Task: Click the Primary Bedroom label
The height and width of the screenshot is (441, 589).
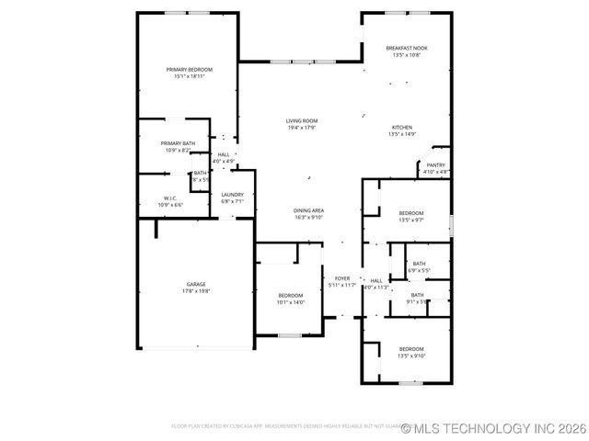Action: pyautogui.click(x=189, y=70)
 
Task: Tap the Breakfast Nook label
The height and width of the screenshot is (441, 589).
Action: pyautogui.click(x=407, y=48)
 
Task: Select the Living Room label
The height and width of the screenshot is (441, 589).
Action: pyautogui.click(x=301, y=120)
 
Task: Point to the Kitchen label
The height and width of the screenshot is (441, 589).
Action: pyautogui.click(x=402, y=127)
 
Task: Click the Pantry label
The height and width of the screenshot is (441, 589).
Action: pyautogui.click(x=435, y=165)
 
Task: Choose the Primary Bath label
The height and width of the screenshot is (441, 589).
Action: pyautogui.click(x=178, y=143)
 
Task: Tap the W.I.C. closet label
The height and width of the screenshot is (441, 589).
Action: pyautogui.click(x=170, y=198)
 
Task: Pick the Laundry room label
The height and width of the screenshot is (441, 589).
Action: pyautogui.click(x=232, y=195)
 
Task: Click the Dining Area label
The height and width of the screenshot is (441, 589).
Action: pyautogui.click(x=309, y=210)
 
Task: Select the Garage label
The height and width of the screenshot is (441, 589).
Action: pyautogui.click(x=197, y=285)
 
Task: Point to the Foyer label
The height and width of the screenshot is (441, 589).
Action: pyautogui.click(x=341, y=278)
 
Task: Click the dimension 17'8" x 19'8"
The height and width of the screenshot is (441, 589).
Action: pyautogui.click(x=197, y=291)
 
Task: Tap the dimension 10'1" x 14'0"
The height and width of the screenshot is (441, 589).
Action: pyautogui.click(x=291, y=302)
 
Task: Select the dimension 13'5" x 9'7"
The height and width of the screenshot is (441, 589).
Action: pyautogui.click(x=410, y=220)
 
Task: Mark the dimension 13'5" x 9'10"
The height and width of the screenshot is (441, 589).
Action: pyautogui.click(x=410, y=356)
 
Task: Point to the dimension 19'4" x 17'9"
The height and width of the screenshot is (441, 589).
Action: pyautogui.click(x=301, y=128)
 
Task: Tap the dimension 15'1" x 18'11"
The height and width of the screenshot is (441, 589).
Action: pyautogui.click(x=189, y=77)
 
